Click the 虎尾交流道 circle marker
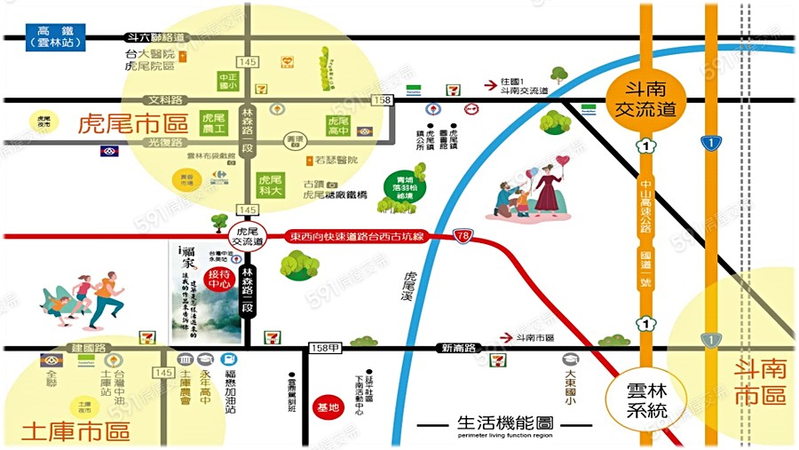coord(248,235)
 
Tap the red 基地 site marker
coord(328,407)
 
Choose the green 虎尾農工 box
coord(214,123)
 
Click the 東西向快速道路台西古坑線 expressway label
coord(357,237)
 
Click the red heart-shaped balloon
coord(562,162)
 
